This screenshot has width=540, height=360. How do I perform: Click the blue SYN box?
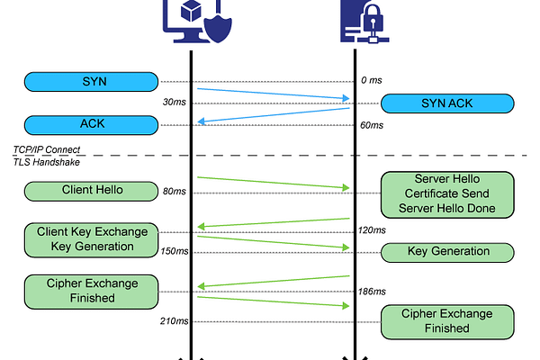click(x=93, y=81)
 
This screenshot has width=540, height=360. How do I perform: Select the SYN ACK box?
click(x=446, y=103)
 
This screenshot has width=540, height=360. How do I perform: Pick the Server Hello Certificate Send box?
click(x=446, y=194)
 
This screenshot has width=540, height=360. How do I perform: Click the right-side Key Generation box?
click(x=446, y=252)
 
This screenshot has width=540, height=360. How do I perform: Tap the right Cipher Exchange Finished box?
click(x=446, y=320)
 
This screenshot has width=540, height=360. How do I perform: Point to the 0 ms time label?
click(x=370, y=81)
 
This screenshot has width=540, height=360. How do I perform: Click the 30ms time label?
click(x=174, y=103)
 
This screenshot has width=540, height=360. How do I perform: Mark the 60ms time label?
click(x=370, y=125)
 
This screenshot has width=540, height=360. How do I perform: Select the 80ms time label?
click(x=174, y=192)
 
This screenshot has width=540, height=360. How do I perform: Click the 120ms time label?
click(x=372, y=230)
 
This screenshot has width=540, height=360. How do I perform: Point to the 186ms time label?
click(x=372, y=292)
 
